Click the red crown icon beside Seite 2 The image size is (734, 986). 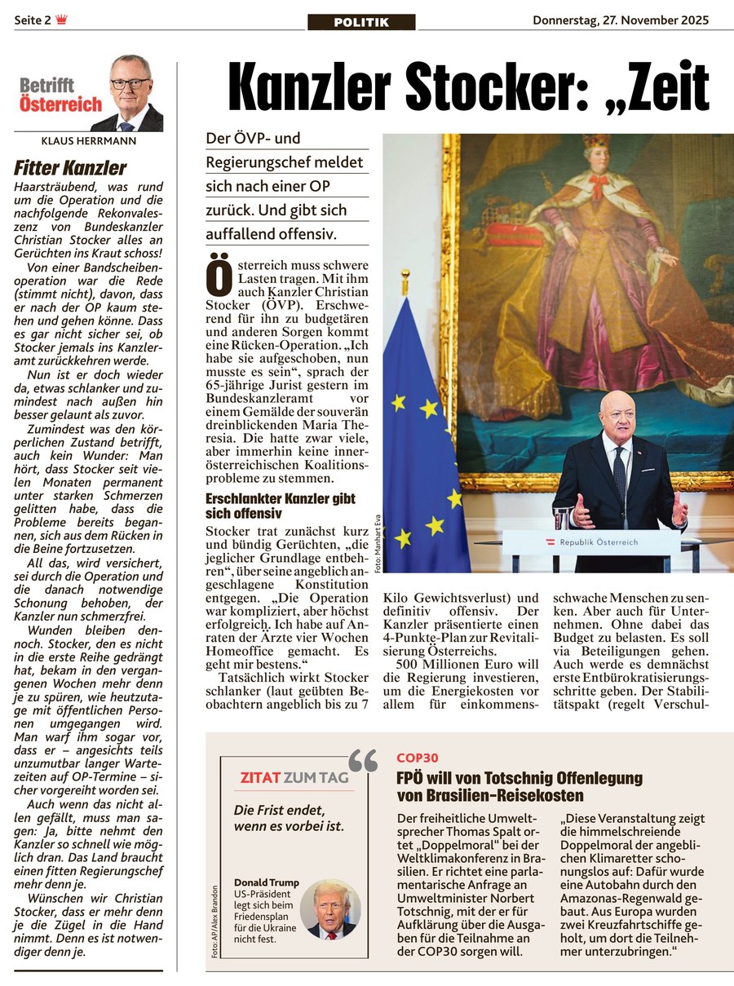tap(61, 20)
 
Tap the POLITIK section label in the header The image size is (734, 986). tap(361, 22)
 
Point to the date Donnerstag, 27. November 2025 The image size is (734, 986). tap(621, 20)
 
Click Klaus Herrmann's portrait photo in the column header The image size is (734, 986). tap(129, 94)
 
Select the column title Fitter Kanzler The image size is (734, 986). tap(70, 168)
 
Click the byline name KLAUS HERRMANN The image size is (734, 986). tap(88, 140)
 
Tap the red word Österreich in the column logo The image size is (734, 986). tap(61, 104)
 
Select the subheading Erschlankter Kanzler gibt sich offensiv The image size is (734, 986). tap(280, 506)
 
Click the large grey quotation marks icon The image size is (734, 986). tap(363, 761)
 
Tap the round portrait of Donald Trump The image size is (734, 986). tap(329, 909)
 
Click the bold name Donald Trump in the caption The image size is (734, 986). tap(266, 882)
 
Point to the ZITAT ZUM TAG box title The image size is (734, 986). tap(294, 778)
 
